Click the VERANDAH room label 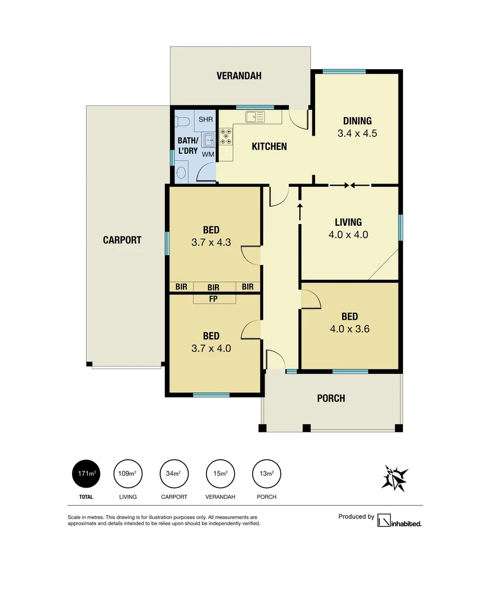tap(239, 76)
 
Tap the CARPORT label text tap(122, 240)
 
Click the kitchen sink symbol tap(255, 117)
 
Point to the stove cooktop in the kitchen tap(226, 136)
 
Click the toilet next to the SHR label tap(182, 121)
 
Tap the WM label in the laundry tap(208, 154)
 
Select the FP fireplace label tap(213, 299)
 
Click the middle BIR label tap(213, 287)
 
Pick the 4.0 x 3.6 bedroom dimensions tap(350, 329)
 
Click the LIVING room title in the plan tap(348, 222)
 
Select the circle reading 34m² tap(174, 473)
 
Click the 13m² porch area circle tap(267, 473)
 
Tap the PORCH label tap(331, 399)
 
